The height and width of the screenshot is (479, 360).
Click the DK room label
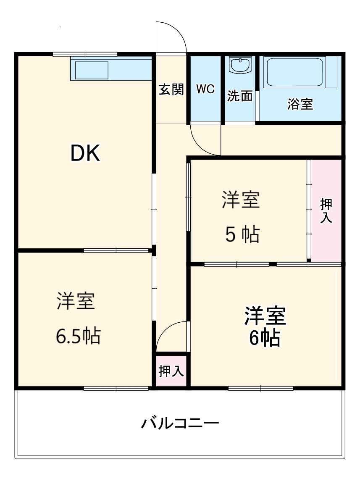pyautogui.click(x=85, y=154)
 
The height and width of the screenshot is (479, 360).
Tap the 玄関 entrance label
pyautogui.click(x=171, y=89)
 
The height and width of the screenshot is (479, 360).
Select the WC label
pyautogui.click(x=205, y=89)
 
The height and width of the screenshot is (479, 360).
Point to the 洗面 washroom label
pyautogui.click(x=240, y=96)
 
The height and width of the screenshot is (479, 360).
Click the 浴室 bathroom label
pyautogui.click(x=300, y=104)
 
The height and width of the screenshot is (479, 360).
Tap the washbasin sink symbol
pyautogui.click(x=240, y=66)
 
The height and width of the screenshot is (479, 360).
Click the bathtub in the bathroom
pyautogui.click(x=295, y=72)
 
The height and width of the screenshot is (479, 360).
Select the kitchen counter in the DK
pyautogui.click(x=111, y=70)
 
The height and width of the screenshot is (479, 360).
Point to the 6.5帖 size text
pyautogui.click(x=78, y=336)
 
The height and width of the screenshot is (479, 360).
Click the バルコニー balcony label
pyautogui.click(x=179, y=423)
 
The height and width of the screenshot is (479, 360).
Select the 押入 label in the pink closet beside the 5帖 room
pyautogui.click(x=326, y=211)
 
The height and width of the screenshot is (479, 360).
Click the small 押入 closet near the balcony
pyautogui.click(x=171, y=371)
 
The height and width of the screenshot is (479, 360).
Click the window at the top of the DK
pyautogui.click(x=85, y=54)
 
